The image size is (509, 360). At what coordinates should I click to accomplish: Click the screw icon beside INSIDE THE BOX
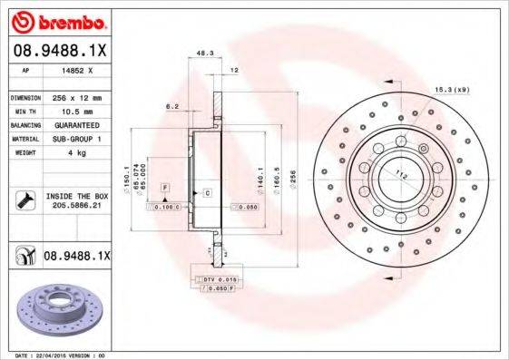pyautogui.click(x=24, y=199)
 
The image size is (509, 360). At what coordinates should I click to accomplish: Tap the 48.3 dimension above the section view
pyautogui.click(x=204, y=53)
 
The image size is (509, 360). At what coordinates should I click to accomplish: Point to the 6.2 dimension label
pyautogui.click(x=170, y=106)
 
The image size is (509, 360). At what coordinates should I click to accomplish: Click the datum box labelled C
pyautogui.click(x=208, y=193)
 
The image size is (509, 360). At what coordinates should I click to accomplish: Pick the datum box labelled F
pyautogui.click(x=165, y=186)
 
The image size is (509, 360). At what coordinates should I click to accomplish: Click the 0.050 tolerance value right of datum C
pyautogui.click(x=246, y=208)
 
